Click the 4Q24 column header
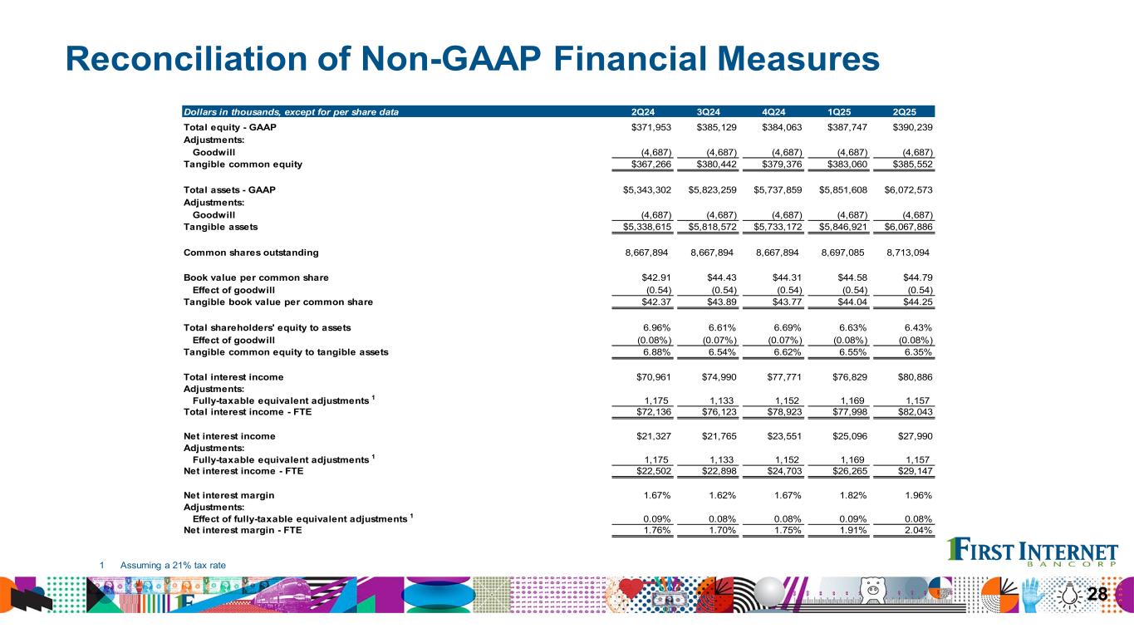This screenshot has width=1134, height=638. pos(776,111)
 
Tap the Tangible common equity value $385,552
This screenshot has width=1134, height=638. pos(912,164)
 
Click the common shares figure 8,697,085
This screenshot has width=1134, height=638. pos(844,253)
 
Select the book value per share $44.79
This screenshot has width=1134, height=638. pos(918,277)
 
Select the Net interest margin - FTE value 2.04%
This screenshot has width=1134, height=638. pos(918,531)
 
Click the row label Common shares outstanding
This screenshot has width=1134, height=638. pos(250,253)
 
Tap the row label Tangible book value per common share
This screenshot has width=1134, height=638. pos(277,302)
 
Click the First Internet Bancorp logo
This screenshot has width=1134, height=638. pos(1033,553)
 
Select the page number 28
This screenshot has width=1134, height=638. pos(1097,594)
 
